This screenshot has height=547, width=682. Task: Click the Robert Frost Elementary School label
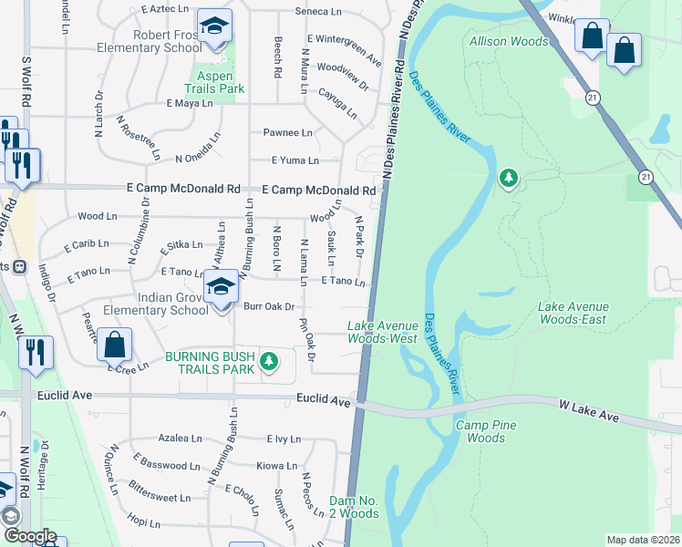[x=165, y=41]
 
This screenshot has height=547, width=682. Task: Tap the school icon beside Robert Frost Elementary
[x=214, y=27]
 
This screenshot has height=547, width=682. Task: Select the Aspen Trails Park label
[x=214, y=82]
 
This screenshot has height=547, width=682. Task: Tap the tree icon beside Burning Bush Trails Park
[x=268, y=363]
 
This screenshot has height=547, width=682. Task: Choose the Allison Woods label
[x=509, y=41]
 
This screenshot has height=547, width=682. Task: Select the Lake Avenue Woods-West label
[x=383, y=332]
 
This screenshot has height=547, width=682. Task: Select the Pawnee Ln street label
[x=288, y=132]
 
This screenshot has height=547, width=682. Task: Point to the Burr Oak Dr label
[x=268, y=307]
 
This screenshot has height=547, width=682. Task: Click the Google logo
[x=29, y=536]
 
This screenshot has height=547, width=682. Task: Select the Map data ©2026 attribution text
[x=644, y=540]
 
